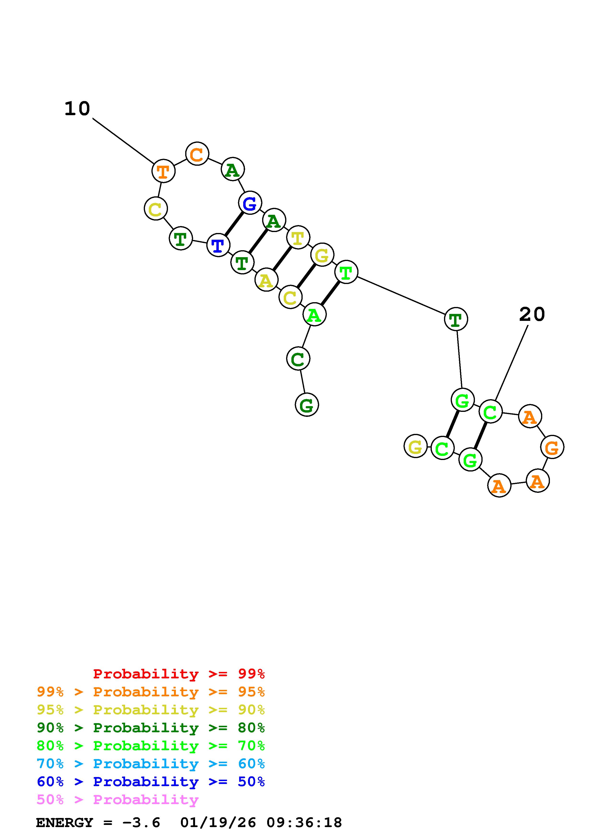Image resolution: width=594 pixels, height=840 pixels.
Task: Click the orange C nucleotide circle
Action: click(x=197, y=154)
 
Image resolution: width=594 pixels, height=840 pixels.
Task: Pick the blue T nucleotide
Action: click(x=218, y=245)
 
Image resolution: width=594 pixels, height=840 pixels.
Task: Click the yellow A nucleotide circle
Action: click(x=266, y=280)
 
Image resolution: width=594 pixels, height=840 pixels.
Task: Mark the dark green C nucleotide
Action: click(x=298, y=359)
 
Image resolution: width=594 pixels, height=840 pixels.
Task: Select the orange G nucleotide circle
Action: click(x=552, y=447)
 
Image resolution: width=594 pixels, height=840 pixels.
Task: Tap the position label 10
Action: click(x=77, y=109)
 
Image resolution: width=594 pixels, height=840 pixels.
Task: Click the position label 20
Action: click(x=532, y=314)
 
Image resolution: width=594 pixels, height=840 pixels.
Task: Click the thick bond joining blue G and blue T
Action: click(x=234, y=224)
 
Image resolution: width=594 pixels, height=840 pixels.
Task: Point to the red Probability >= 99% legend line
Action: click(x=179, y=674)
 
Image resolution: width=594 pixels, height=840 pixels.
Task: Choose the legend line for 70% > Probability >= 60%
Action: click(x=151, y=764)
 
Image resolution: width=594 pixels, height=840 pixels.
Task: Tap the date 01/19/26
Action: click(x=218, y=823)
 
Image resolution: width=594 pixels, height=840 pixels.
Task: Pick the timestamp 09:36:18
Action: click(x=304, y=823)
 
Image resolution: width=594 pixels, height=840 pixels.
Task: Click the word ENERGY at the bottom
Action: click(x=64, y=823)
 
